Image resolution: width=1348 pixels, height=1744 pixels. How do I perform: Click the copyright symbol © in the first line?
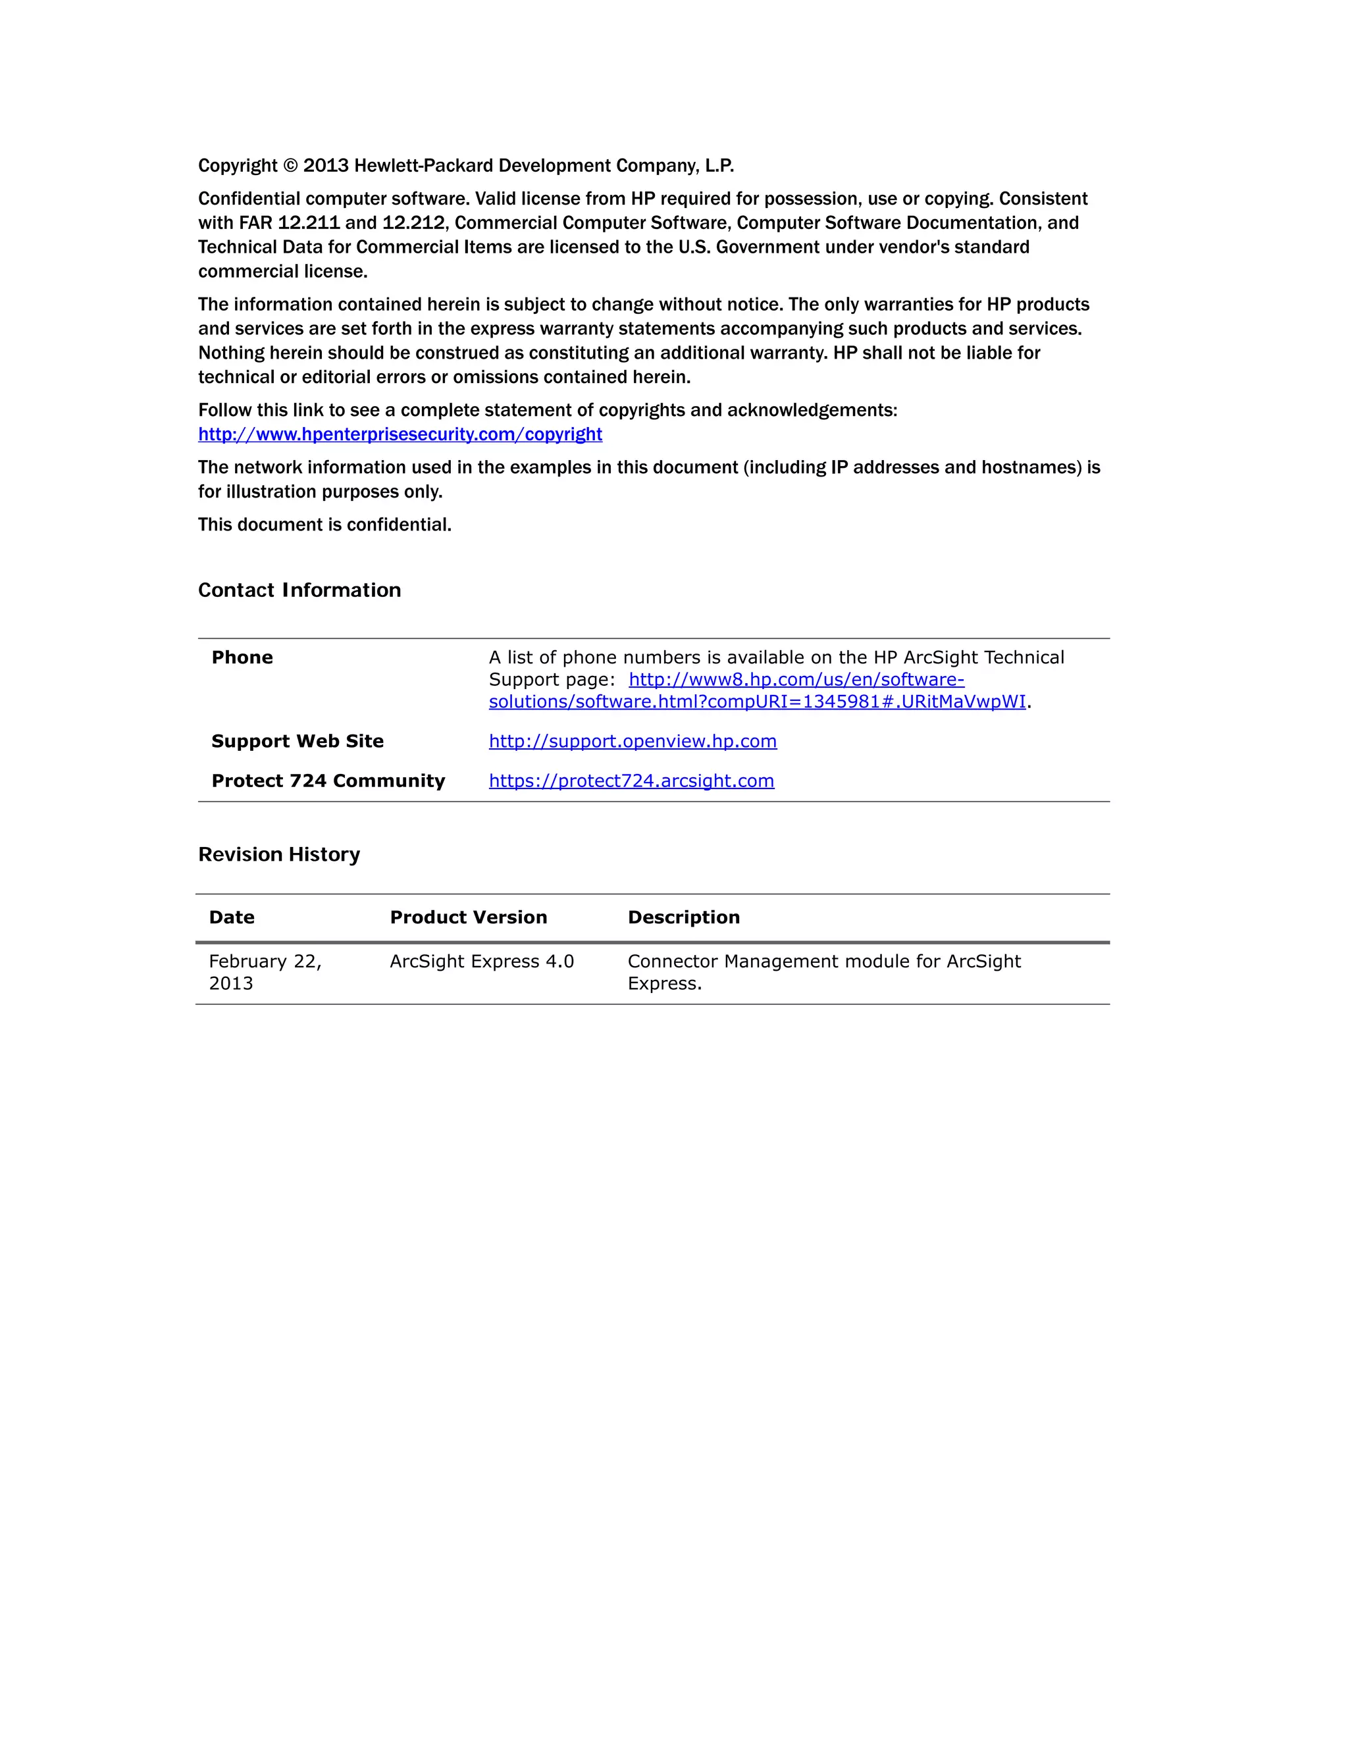[x=290, y=166]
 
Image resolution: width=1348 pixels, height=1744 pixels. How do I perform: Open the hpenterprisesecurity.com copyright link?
[x=400, y=434]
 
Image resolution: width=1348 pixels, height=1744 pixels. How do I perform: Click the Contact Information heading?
[x=299, y=590]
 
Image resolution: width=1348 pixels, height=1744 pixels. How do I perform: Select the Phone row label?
[x=242, y=657]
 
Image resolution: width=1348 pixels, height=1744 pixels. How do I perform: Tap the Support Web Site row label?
[x=297, y=741]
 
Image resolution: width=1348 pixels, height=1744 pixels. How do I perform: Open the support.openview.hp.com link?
[x=633, y=741]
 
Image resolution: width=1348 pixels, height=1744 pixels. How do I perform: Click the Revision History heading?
[x=278, y=854]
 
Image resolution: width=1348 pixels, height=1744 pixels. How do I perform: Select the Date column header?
[x=232, y=917]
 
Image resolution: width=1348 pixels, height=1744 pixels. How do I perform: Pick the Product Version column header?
[x=468, y=917]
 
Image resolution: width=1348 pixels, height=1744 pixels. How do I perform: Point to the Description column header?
[x=684, y=917]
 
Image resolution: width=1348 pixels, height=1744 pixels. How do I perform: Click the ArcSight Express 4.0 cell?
[x=482, y=962]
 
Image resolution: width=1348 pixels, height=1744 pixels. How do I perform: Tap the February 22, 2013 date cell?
[x=265, y=972]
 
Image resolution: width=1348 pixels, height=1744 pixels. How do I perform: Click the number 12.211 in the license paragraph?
[x=308, y=223]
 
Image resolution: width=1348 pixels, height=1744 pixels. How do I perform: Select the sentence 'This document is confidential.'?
[x=325, y=525]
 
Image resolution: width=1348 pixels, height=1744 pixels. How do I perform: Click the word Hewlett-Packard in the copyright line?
[x=423, y=166]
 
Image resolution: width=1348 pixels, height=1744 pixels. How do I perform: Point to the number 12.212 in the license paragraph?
[x=413, y=223]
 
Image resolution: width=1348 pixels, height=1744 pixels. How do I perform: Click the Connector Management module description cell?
[x=823, y=972]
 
